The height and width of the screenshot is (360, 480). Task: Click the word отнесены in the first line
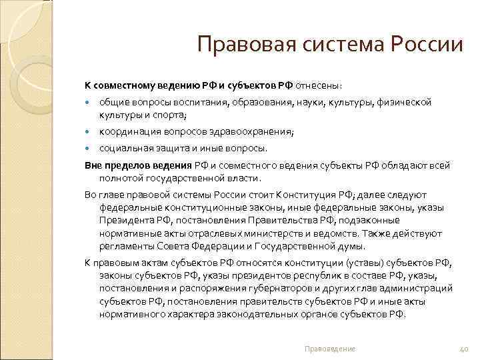tap(319, 85)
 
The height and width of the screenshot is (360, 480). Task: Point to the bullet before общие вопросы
tap(89, 103)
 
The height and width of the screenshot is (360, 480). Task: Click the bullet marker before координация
tap(89, 131)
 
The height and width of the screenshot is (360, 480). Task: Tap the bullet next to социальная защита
tap(89, 148)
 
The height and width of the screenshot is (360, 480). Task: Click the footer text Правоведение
tap(329, 349)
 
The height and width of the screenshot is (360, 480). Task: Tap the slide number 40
tap(465, 349)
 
